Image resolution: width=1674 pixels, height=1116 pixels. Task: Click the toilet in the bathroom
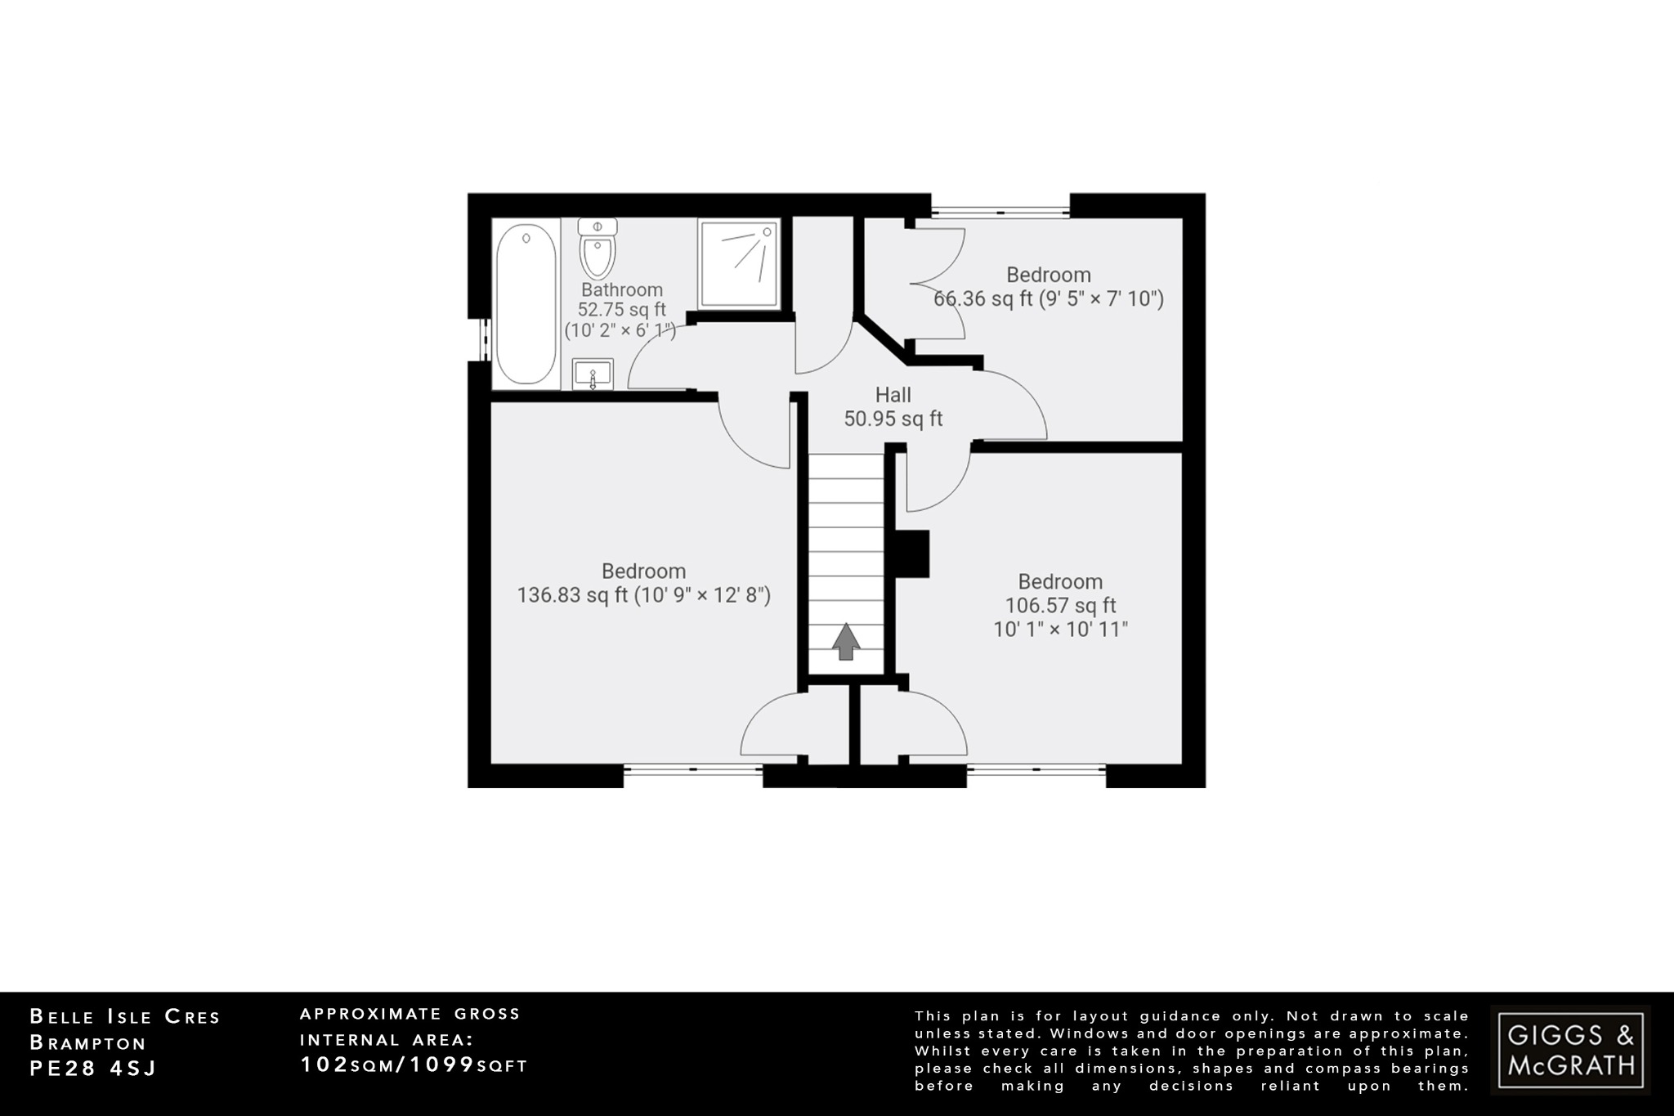pyautogui.click(x=598, y=250)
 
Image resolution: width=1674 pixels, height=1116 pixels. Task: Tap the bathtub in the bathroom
pyautogui.click(x=526, y=305)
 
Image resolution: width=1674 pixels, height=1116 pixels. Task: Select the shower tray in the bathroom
pyautogui.click(x=739, y=263)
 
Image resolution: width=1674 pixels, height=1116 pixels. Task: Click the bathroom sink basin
pyautogui.click(x=593, y=375)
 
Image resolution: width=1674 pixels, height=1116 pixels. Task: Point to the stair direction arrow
pyautogui.click(x=846, y=641)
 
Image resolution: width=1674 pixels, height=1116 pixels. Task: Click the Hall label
pyautogui.click(x=893, y=395)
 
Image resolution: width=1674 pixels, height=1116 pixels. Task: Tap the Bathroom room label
pyautogui.click(x=622, y=289)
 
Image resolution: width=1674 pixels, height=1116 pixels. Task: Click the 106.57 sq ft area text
pyautogui.click(x=1060, y=606)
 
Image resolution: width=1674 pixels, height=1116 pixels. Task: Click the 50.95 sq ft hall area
pyautogui.click(x=893, y=419)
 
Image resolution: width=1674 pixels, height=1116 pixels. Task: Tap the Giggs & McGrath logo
pyautogui.click(x=1570, y=1050)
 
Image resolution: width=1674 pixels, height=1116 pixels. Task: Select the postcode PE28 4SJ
pyautogui.click(x=92, y=1069)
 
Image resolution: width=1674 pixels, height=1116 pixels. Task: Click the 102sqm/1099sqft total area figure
pyautogui.click(x=414, y=1064)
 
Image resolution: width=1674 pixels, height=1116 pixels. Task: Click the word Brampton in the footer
pyautogui.click(x=88, y=1043)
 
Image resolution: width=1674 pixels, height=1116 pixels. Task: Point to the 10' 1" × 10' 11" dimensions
pyautogui.click(x=1060, y=630)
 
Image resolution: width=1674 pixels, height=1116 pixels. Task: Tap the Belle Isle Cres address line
pyautogui.click(x=125, y=1017)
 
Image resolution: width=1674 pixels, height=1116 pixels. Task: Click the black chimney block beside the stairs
pyautogui.click(x=913, y=554)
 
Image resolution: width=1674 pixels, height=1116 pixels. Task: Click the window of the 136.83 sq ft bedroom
pyautogui.click(x=693, y=769)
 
